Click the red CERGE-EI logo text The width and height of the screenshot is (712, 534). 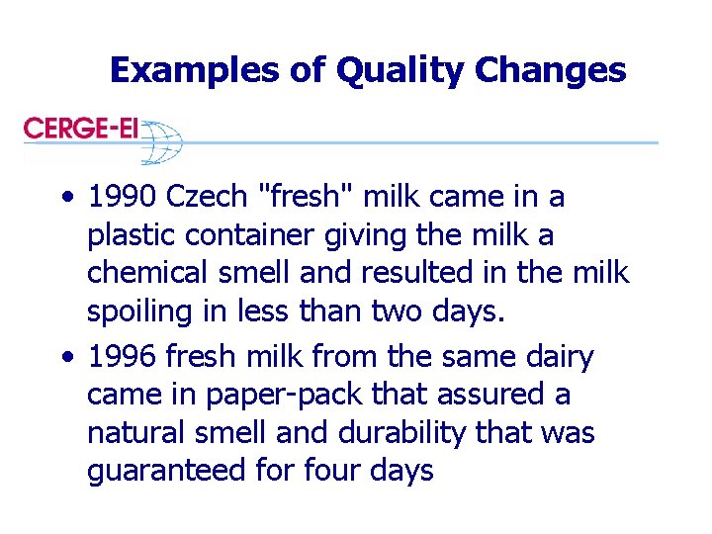(x=81, y=128)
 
